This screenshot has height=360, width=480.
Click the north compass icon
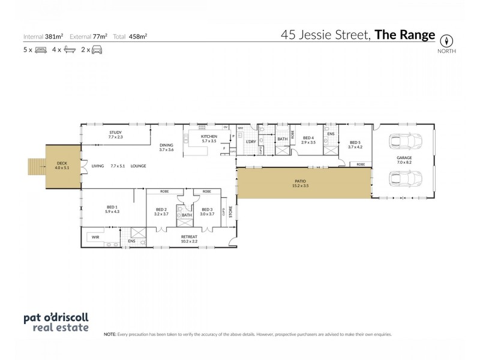click(x=446, y=41)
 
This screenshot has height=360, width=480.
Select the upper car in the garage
click(x=403, y=142)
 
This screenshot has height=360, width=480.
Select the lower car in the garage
click(x=403, y=179)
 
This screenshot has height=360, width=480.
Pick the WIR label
click(x=95, y=238)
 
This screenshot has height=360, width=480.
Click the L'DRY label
click(x=251, y=142)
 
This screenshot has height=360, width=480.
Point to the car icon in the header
click(x=96, y=50)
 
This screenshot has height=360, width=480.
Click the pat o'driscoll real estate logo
click(x=55, y=322)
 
